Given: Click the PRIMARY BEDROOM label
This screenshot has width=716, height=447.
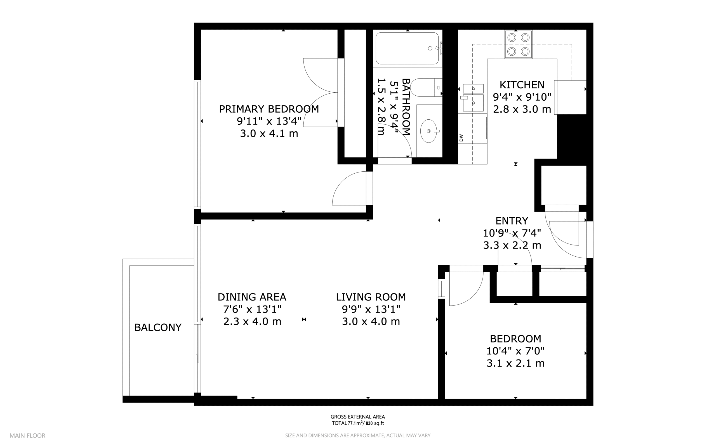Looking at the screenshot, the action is (x=269, y=109).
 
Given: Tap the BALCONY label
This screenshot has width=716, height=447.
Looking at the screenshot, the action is (x=158, y=328).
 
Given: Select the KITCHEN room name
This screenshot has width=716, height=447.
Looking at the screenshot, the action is (x=522, y=85).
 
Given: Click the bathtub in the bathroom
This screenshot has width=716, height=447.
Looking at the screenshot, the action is (x=407, y=48).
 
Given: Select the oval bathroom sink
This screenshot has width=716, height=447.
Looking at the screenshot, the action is (x=429, y=131).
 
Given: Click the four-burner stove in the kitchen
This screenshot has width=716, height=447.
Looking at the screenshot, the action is (x=519, y=44).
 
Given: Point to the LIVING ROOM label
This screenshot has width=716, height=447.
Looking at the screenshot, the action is (x=371, y=297).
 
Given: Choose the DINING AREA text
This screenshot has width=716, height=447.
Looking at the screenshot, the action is (x=252, y=297).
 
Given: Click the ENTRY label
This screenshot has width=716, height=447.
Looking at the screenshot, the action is (x=512, y=221).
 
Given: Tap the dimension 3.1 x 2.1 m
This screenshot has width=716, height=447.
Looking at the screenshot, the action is (x=515, y=363).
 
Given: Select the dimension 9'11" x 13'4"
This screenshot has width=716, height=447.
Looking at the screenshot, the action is (x=269, y=121).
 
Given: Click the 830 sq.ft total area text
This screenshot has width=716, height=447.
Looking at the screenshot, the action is (x=375, y=423).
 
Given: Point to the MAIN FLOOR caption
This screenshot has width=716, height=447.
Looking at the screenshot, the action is (x=27, y=436).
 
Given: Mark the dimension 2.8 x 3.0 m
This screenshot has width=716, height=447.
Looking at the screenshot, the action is (x=522, y=109).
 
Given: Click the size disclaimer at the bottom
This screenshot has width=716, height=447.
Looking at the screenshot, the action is (x=358, y=436).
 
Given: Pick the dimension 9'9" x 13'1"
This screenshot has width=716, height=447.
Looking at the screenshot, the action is (x=371, y=309).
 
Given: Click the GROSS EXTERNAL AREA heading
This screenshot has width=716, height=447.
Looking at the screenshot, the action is (x=358, y=417).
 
